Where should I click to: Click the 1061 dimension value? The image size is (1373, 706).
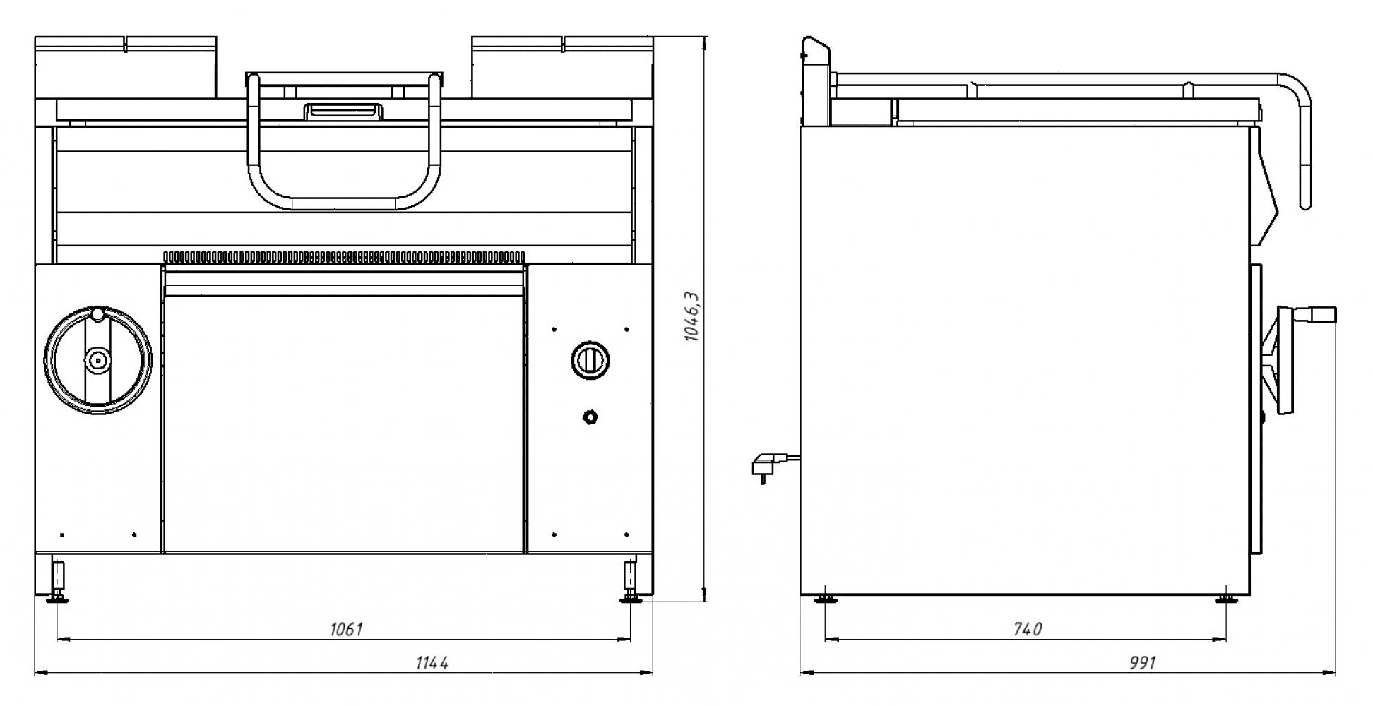click(x=346, y=628)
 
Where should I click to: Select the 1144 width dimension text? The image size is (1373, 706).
click(x=432, y=662)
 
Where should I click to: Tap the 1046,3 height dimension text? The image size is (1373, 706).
click(x=692, y=316)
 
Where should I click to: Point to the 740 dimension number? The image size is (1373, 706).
click(x=1027, y=628)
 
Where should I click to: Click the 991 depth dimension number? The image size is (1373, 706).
click(x=1143, y=662)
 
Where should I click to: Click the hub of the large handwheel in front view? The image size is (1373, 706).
click(x=97, y=361)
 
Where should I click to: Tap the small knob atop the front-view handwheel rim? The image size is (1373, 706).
click(x=97, y=313)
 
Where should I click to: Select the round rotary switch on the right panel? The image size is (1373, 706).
click(x=590, y=360)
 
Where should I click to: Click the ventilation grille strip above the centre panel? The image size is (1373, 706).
click(x=345, y=256)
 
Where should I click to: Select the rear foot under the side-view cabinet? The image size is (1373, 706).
click(x=824, y=599)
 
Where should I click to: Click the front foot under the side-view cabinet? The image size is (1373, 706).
click(x=1225, y=599)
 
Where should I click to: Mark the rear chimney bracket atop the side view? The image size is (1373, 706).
click(x=816, y=81)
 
